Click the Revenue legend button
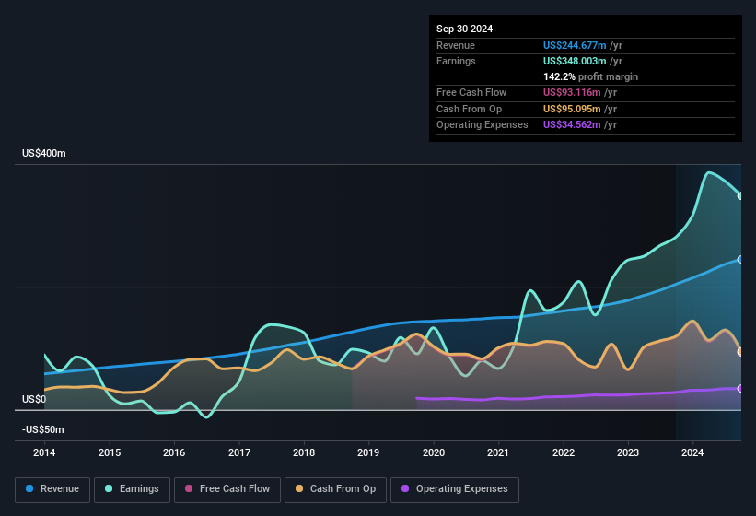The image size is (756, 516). click(52, 489)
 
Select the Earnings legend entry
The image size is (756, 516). click(133, 489)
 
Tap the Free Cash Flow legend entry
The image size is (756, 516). click(228, 489)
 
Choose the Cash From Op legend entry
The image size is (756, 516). click(336, 489)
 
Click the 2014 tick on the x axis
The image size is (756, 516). click(44, 452)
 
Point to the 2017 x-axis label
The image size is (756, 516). click(239, 452)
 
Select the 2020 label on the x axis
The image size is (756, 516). click(434, 452)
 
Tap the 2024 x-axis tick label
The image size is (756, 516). click(692, 452)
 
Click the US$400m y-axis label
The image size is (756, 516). click(44, 153)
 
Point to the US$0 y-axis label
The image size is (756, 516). click(34, 399)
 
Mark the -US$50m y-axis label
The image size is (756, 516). click(43, 429)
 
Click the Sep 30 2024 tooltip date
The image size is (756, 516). click(465, 29)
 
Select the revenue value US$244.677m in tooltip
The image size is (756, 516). click(575, 45)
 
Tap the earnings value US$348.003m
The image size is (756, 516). click(575, 61)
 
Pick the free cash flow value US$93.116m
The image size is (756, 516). click(571, 92)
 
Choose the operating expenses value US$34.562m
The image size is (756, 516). click(571, 124)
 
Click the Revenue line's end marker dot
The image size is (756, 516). click(740, 260)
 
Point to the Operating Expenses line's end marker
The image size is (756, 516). click(740, 388)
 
